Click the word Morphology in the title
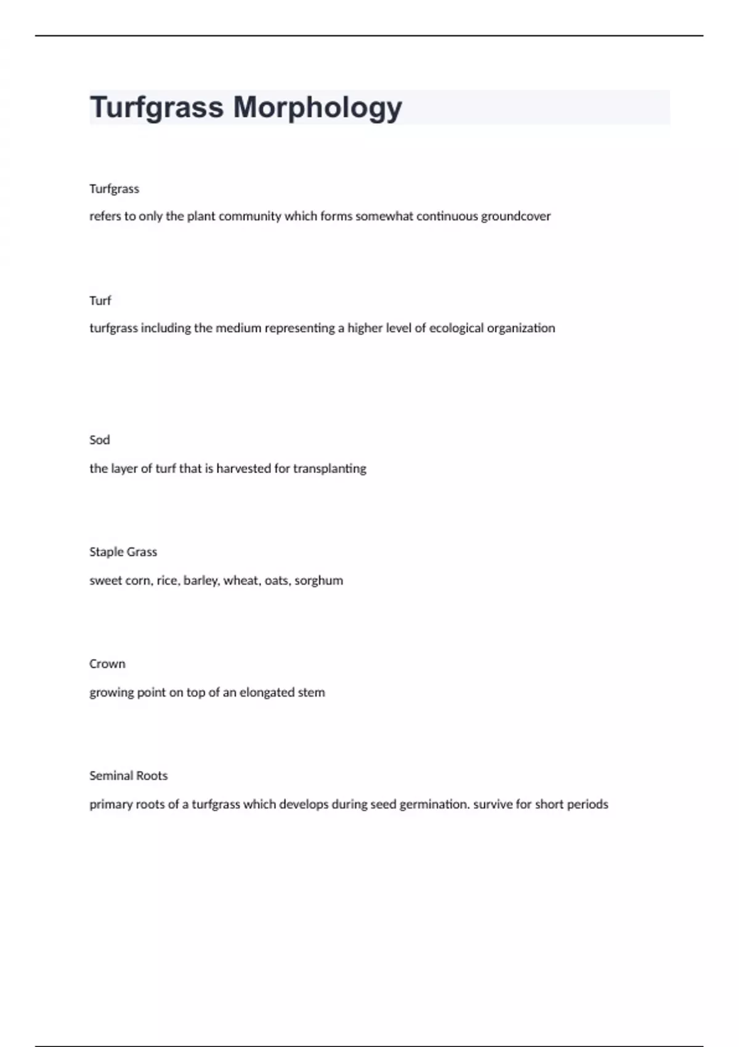(317, 108)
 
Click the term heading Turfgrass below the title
(114, 188)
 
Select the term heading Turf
(100, 301)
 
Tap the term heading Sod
(100, 440)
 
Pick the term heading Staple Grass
(123, 552)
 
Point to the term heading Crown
(107, 664)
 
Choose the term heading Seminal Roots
(128, 775)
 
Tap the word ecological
(456, 328)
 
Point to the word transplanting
(329, 469)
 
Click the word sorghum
(318, 581)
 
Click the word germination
(434, 804)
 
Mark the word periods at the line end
(588, 804)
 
